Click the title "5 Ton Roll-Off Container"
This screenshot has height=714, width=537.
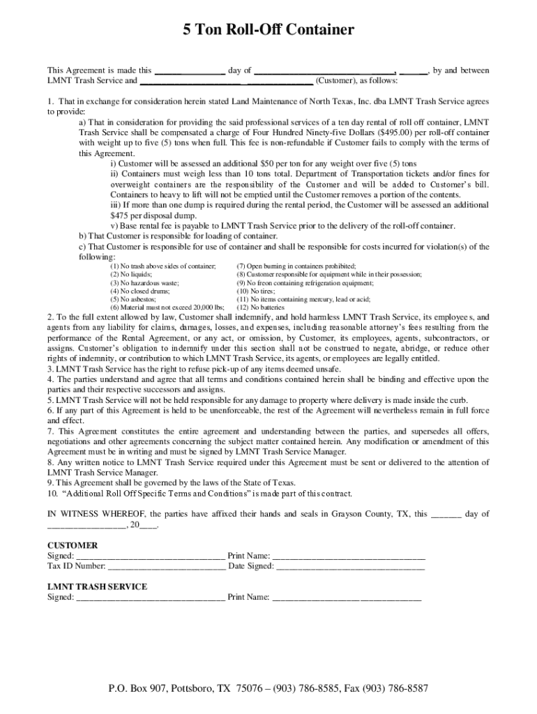[x=268, y=30]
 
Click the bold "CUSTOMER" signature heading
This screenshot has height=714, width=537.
[x=72, y=545]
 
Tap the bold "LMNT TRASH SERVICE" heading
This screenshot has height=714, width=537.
[x=96, y=586]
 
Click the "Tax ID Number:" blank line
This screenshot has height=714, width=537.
[x=167, y=566]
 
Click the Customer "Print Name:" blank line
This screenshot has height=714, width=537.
[x=348, y=556]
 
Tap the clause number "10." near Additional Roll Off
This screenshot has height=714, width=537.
[x=52, y=493]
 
